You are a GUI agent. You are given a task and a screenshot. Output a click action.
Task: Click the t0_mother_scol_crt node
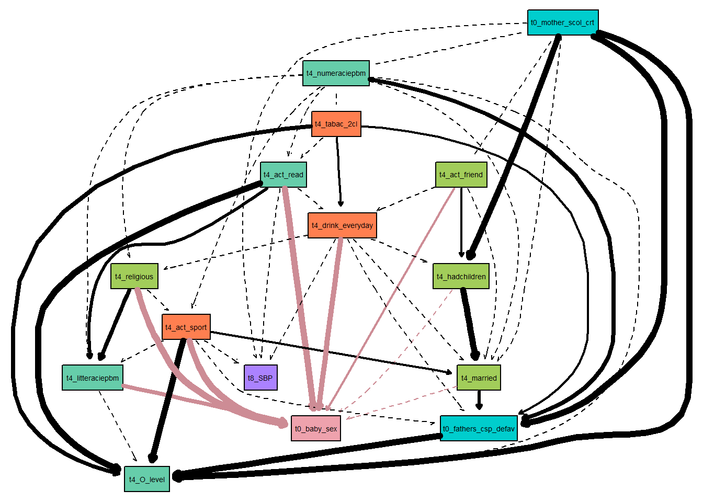click(562, 22)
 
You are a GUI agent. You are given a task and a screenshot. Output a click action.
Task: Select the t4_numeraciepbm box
click(336, 73)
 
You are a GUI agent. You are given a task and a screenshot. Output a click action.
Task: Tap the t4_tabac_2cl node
click(336, 124)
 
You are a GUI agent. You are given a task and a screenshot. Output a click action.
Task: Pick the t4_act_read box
click(283, 175)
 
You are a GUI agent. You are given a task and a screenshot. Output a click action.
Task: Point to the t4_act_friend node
click(461, 175)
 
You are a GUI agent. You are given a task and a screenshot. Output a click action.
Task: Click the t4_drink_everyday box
click(342, 225)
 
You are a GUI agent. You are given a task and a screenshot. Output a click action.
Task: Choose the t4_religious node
click(134, 276)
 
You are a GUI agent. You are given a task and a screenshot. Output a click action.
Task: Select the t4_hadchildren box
click(461, 276)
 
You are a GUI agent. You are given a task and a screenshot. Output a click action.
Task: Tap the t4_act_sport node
click(186, 327)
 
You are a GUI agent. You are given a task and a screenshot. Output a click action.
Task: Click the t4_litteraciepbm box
click(92, 378)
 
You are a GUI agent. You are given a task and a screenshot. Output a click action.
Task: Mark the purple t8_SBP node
click(260, 378)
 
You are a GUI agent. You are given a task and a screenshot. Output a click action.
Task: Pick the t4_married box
click(479, 378)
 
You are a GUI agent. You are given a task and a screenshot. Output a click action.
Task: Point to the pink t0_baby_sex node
click(315, 428)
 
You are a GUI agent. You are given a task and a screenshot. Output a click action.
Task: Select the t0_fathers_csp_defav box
click(479, 428)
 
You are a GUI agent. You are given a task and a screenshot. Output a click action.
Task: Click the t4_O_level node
click(146, 479)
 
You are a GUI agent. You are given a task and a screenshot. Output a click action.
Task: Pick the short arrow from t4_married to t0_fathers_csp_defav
click(479, 400)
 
